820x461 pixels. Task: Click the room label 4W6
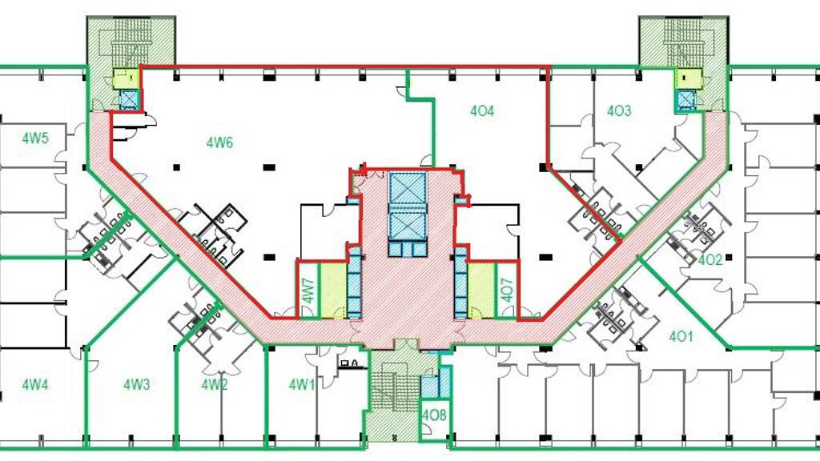[219, 142]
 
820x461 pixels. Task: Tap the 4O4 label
[481, 110]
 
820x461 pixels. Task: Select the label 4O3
[619, 110]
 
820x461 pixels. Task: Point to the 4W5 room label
[35, 138]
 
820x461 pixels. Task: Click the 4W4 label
[35, 385]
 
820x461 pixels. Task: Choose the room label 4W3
[136, 385]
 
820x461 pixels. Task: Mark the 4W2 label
[215, 385]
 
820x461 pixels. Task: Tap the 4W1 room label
[302, 385]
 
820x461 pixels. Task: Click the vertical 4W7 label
[308, 291]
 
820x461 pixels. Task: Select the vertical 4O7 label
[507, 291]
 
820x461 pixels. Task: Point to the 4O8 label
[434, 415]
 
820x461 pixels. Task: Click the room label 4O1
[681, 336]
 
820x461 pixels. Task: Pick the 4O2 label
[710, 259]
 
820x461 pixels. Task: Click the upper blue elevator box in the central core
[408, 188]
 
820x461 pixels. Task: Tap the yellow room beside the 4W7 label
[332, 291]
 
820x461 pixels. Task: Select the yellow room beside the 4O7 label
[481, 291]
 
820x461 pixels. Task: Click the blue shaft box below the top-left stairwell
[129, 99]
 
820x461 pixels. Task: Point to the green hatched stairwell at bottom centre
[393, 397]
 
